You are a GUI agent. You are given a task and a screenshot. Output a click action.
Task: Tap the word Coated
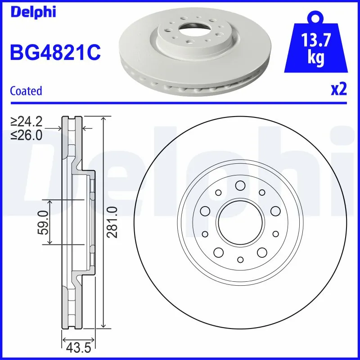click(x=26, y=91)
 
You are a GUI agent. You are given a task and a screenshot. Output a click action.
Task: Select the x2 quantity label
click(x=338, y=90)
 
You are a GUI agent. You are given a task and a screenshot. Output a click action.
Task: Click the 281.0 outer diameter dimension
click(x=112, y=222)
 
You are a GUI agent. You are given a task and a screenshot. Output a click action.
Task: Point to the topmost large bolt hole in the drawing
click(x=240, y=185)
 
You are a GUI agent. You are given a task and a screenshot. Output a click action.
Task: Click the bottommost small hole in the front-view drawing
click(x=240, y=260)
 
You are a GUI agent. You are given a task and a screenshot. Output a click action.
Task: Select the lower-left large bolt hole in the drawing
click(x=218, y=252)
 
